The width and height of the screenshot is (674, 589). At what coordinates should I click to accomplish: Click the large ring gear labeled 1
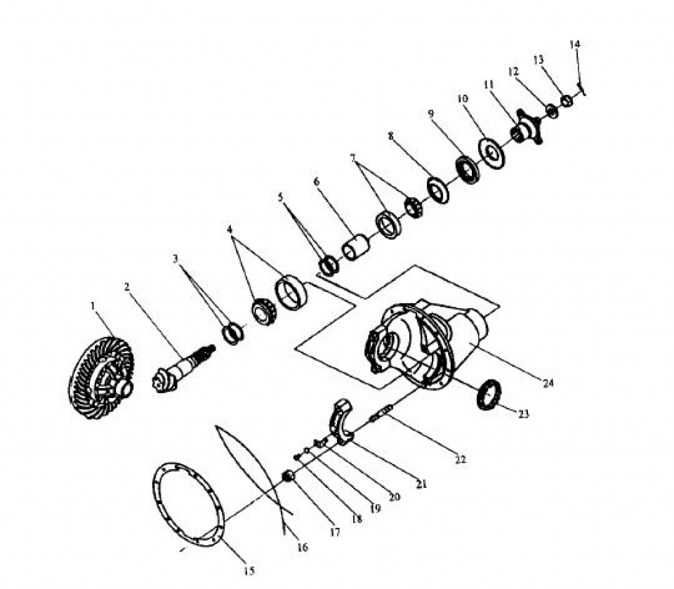(101, 378)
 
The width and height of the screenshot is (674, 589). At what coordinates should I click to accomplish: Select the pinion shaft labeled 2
(183, 369)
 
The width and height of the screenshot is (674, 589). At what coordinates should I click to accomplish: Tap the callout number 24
(548, 383)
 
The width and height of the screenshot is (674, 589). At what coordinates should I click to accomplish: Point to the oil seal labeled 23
(489, 395)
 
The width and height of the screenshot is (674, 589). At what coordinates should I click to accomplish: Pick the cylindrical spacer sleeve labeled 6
(356, 248)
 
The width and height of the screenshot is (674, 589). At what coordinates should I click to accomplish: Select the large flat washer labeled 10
(491, 153)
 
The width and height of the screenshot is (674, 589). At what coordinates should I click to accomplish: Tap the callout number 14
(575, 44)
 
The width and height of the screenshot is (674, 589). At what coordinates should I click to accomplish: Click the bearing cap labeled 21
(341, 422)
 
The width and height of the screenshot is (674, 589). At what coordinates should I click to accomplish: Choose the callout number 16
(303, 547)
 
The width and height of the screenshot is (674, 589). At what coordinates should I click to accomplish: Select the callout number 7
(353, 158)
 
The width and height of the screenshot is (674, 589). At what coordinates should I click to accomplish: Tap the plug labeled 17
(289, 477)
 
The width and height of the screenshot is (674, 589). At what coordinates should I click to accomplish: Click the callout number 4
(230, 229)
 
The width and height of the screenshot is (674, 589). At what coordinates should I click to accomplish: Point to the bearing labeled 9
(468, 171)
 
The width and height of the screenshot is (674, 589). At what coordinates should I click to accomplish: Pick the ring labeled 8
(438, 190)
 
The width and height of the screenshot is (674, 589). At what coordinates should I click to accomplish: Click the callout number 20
(394, 496)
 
